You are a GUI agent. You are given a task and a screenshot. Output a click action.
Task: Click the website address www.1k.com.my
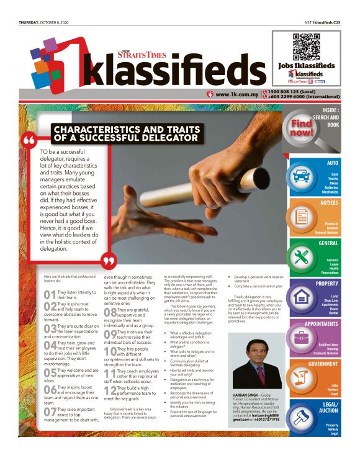235,95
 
